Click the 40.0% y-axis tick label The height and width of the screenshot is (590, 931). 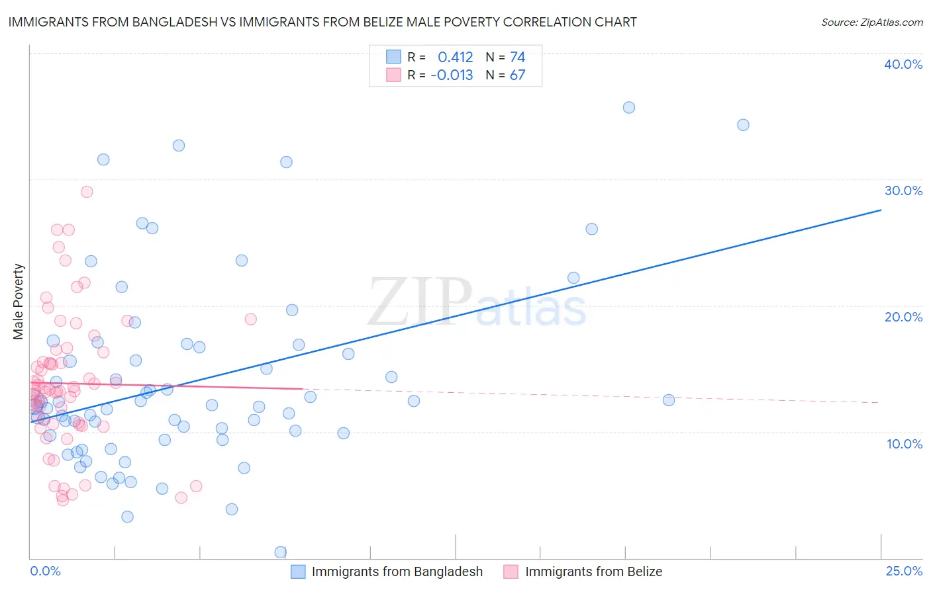pos(903,64)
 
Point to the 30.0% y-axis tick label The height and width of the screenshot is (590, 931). pos(903,190)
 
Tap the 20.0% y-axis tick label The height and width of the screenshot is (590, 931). pos(903,317)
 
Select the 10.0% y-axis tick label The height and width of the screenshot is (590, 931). pos(905,444)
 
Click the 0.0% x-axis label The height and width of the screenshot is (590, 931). pos(45,571)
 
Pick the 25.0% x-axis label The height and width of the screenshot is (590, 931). pos(904,571)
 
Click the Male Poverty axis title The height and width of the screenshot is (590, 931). pos(19,302)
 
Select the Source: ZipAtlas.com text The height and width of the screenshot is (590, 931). pos(871,22)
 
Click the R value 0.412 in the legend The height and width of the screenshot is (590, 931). pos(456,57)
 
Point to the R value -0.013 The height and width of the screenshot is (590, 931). pos(452,75)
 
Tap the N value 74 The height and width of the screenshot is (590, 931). pos(517,57)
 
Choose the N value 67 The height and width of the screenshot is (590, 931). pos(517,75)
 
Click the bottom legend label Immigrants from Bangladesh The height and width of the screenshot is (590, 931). pos(397,571)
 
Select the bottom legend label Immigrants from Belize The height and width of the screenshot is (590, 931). pos(593,571)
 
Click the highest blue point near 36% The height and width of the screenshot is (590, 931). pos(629,107)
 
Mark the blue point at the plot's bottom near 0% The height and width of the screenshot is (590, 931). pos(281,552)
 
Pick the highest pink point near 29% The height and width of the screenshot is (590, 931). pos(87,192)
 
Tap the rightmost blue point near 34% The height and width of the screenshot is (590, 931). pos(743,125)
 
